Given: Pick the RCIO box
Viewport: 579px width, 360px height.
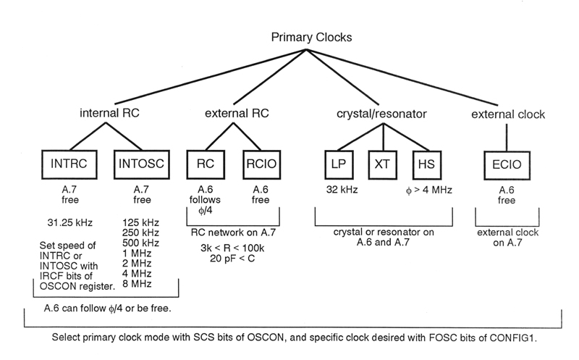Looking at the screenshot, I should pos(261,164).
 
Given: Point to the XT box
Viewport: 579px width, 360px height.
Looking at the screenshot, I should pos(381,164).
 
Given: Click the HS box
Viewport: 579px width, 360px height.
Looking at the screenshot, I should pos(425,164).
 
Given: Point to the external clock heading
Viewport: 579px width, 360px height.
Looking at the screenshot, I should pos(507,114).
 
